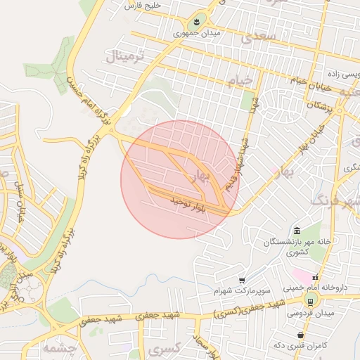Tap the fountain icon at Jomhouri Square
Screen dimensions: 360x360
(x=197, y=22)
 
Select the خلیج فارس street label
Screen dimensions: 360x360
(x=143, y=6)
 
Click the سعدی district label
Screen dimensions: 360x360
(x=256, y=39)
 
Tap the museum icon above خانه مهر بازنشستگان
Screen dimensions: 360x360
(x=297, y=231)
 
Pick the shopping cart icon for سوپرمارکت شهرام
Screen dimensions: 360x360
(x=242, y=280)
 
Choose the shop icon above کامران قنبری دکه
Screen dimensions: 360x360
(x=302, y=335)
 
